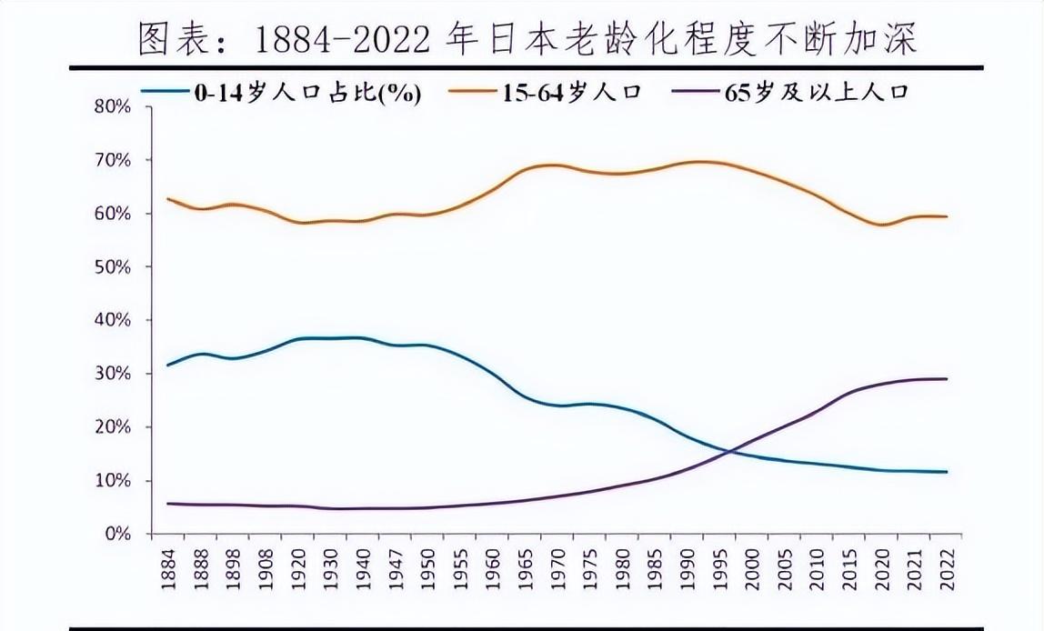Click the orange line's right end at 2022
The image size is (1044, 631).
tap(947, 216)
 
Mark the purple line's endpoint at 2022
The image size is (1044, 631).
tap(947, 378)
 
